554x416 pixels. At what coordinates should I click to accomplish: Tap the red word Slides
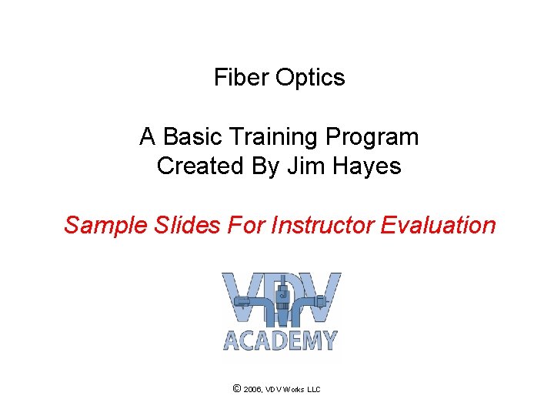[x=169, y=225]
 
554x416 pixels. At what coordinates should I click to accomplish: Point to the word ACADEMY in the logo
[x=281, y=340]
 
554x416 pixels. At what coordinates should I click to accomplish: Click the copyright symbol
[x=236, y=389]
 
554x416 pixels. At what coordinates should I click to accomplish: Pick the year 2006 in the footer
[x=252, y=390]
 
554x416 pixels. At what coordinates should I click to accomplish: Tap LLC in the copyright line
[x=314, y=390]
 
